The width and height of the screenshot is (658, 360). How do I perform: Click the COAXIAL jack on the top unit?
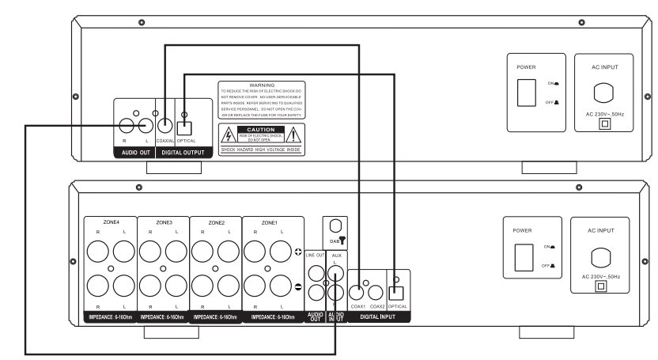point(164,125)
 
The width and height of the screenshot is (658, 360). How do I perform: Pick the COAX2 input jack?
point(376,290)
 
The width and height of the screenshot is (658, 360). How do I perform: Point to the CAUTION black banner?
point(260,128)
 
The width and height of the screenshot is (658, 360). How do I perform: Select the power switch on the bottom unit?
point(524,257)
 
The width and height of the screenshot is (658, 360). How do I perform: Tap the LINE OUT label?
point(314,256)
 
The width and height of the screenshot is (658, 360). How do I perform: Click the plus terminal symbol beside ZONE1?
point(297,252)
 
